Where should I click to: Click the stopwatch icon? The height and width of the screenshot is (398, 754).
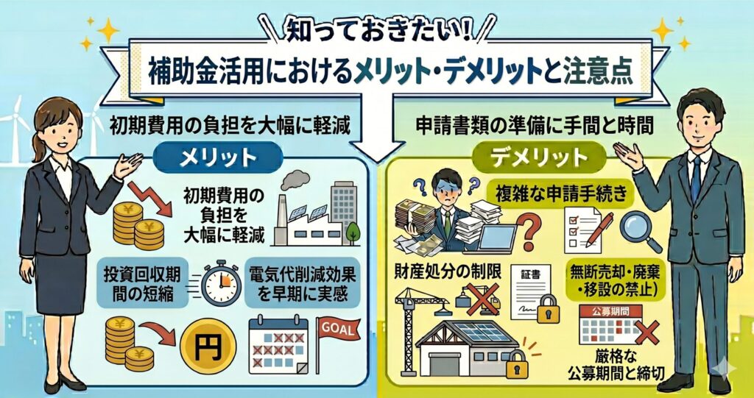[x=221, y=282]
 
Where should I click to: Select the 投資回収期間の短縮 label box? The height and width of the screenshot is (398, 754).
[x=142, y=282]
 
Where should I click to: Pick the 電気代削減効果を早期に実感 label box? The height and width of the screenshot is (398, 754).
[x=303, y=282]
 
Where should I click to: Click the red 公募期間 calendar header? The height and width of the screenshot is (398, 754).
[x=610, y=311]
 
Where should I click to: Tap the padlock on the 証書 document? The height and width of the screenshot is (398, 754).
[x=549, y=309]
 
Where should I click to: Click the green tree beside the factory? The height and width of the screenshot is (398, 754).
[x=353, y=233]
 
